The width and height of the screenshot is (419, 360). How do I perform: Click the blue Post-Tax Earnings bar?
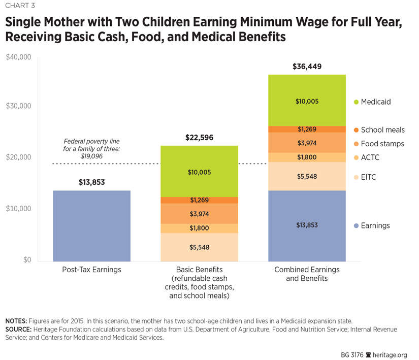click(91, 225)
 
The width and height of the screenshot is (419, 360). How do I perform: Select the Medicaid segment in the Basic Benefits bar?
click(199, 171)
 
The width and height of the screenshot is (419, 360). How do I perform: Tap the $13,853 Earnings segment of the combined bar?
click(307, 225)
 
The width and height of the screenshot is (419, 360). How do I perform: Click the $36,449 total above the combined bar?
click(307, 67)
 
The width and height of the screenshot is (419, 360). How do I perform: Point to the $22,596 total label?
click(199, 138)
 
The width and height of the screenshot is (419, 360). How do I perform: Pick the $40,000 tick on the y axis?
click(19, 57)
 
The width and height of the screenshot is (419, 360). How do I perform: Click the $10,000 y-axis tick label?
click(19, 209)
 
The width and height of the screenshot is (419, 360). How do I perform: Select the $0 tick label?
click(25, 260)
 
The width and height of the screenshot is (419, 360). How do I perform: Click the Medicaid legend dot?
click(356, 102)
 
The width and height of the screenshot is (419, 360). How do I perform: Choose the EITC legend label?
click(369, 177)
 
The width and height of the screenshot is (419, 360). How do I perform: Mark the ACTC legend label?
click(370, 157)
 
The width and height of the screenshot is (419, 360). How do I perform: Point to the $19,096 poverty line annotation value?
click(91, 156)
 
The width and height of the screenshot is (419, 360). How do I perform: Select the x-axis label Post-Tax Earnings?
click(91, 270)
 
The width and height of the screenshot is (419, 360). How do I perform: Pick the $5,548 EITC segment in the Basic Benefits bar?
click(199, 247)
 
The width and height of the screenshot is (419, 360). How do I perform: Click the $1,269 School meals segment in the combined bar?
click(307, 129)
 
